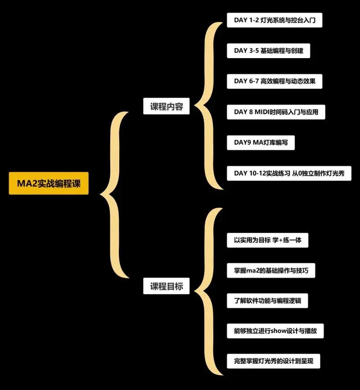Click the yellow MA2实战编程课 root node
click(49, 184)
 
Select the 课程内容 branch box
click(166, 107)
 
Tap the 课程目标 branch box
click(166, 286)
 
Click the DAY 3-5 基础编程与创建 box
click(269, 50)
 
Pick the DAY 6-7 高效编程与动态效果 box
click(274, 81)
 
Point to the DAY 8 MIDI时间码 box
click(276, 112)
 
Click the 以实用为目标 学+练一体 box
click(268, 240)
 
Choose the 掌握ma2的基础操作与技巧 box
click(271, 271)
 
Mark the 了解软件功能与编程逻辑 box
click(267, 300)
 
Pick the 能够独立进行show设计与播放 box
click(275, 331)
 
